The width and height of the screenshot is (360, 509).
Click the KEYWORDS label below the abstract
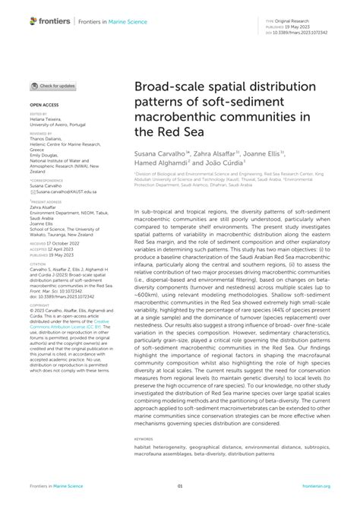click(x=143, y=438)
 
